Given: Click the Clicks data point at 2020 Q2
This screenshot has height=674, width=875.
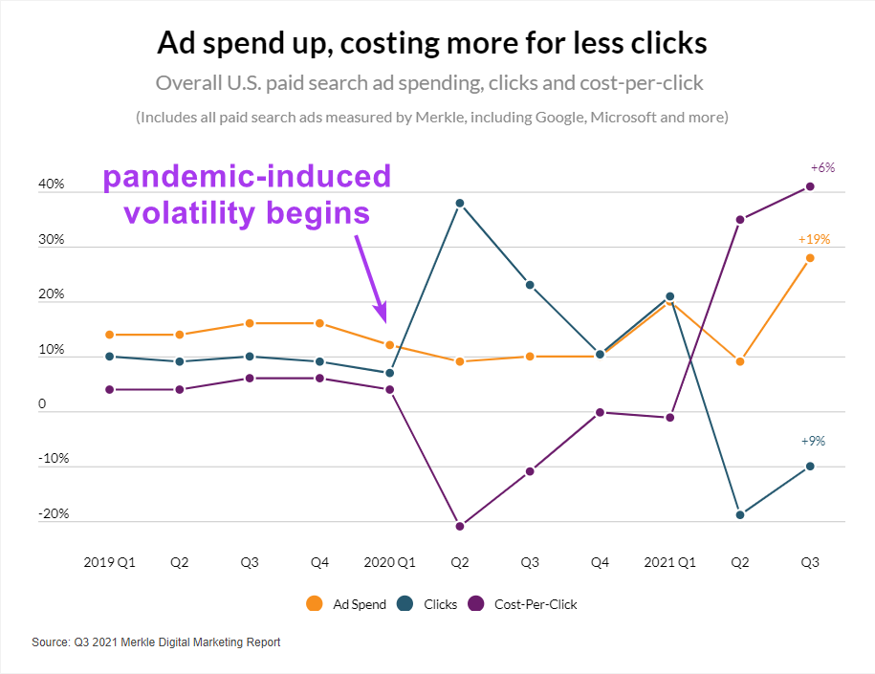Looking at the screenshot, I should [460, 203].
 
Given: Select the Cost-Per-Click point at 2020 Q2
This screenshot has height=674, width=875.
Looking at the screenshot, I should [460, 526].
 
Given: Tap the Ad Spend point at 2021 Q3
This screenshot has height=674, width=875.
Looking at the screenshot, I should [810, 257].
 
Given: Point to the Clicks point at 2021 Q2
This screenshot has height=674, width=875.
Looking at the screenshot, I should [740, 514].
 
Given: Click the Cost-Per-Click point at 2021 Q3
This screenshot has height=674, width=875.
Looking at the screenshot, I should [810, 186].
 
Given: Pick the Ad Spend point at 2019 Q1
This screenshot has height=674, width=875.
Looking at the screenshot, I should [110, 335].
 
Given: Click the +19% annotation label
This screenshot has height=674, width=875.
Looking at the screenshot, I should [814, 240].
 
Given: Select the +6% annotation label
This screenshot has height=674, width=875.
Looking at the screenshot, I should [821, 167].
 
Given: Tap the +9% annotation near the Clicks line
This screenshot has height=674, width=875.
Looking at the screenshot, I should [813, 442].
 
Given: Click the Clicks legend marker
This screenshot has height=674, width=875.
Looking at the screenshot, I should [405, 604].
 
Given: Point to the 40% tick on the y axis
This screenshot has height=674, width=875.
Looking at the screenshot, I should [52, 185].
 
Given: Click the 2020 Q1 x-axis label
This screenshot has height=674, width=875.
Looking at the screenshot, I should [389, 563].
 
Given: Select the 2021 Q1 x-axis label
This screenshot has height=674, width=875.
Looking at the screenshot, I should [669, 563].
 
